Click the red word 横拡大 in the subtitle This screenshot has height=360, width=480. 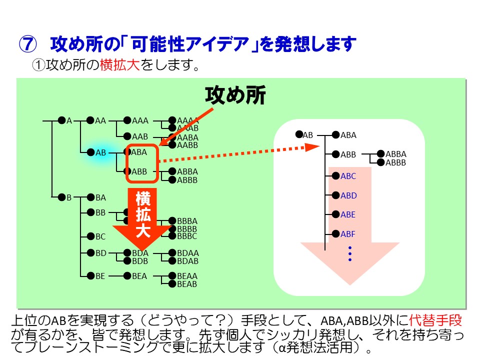pos(120,65)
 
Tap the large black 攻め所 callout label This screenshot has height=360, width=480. pos(235,95)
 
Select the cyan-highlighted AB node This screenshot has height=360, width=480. pos(100,152)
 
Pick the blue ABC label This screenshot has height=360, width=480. pos(348,176)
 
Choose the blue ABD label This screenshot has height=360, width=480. pos(348,195)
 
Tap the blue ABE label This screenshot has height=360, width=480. pos(348,214)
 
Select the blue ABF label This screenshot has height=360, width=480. pos(348,233)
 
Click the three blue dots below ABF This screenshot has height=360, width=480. pos(350,254)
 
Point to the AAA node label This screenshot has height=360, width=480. pos(140,120)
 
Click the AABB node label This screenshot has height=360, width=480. pos(187,145)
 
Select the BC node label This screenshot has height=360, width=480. pos(100,236)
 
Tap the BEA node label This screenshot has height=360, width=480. pos(139,276)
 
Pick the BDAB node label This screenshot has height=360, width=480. pos(187,261)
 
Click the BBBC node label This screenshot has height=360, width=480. pos(187,236)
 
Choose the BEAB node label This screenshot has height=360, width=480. pos(187,284)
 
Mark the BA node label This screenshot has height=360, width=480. pos(100,197)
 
